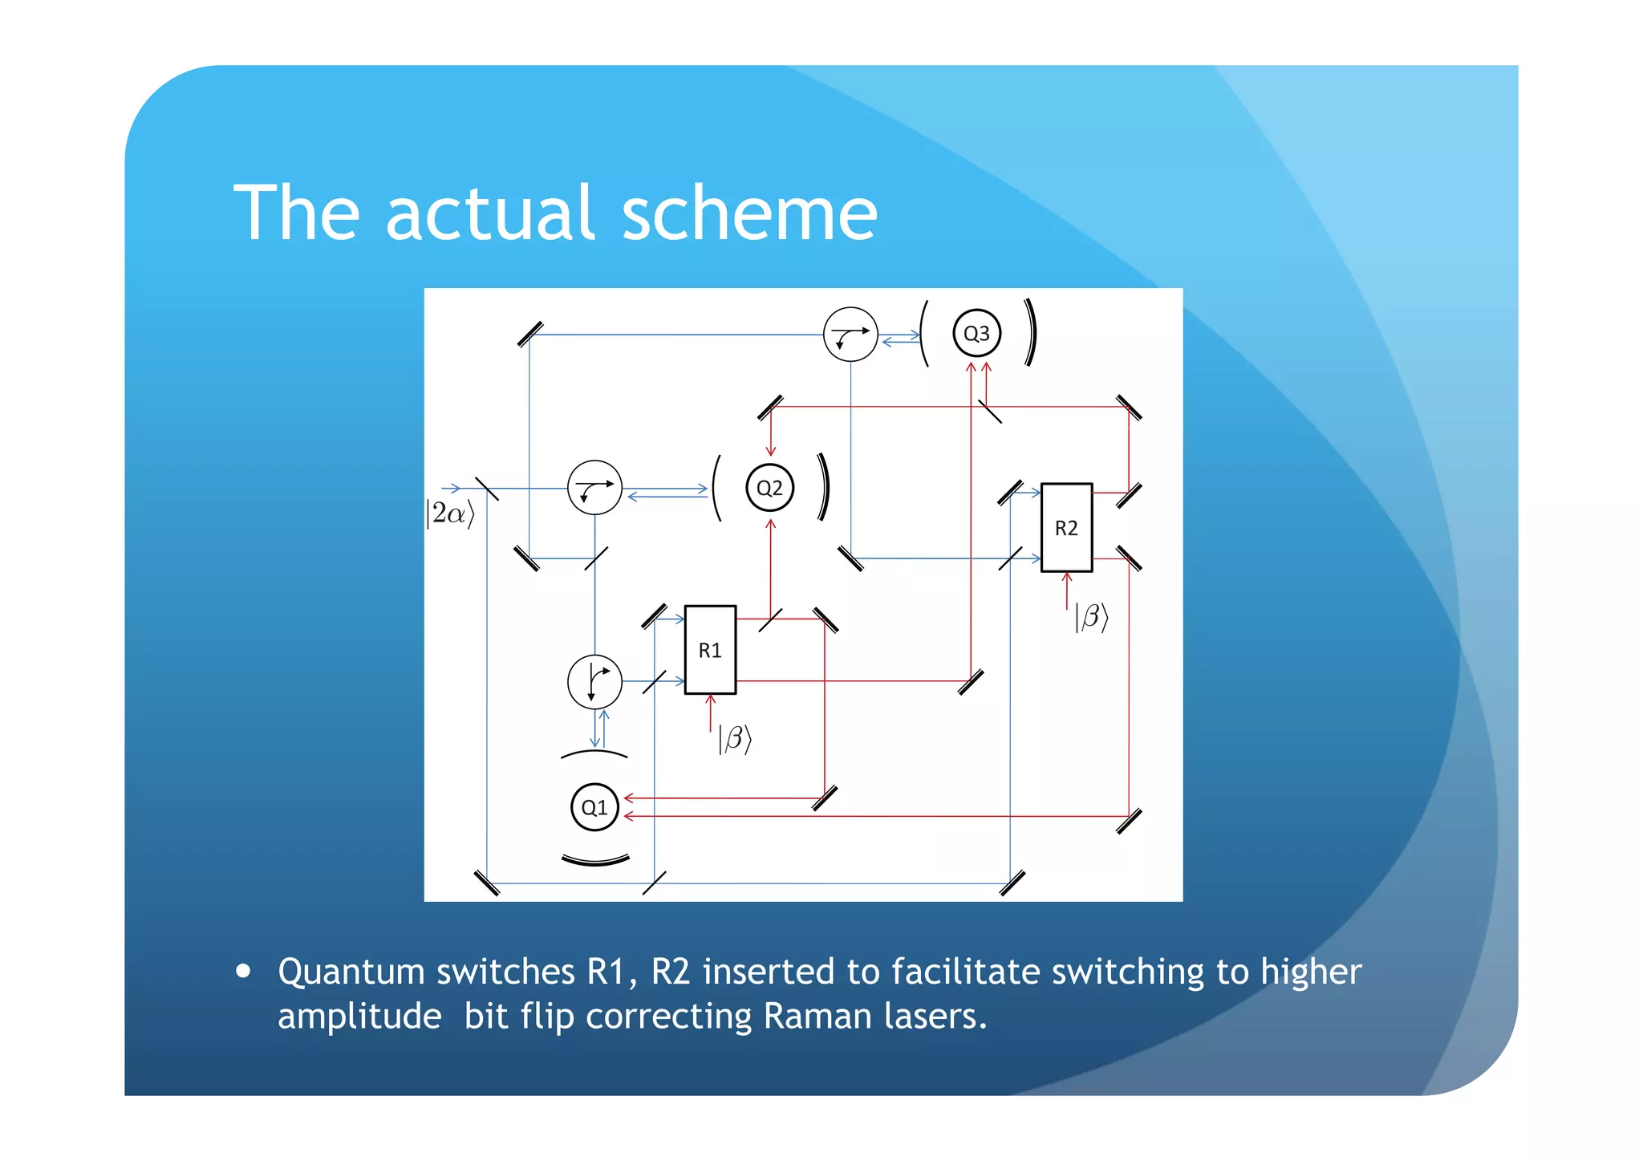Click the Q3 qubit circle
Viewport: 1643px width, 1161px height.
click(x=976, y=333)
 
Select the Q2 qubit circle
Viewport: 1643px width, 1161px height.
click(x=769, y=488)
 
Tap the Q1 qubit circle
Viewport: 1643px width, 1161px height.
click(x=594, y=807)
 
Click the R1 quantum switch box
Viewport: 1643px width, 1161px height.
click(x=710, y=649)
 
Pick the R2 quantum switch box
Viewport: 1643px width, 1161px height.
click(x=1066, y=527)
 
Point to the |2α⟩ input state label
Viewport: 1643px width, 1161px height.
click(x=450, y=514)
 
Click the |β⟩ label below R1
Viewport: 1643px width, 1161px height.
click(x=734, y=739)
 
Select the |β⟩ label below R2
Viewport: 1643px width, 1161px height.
click(x=1091, y=617)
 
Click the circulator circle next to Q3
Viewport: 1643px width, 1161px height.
click(x=850, y=334)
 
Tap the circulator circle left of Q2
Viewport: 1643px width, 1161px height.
click(x=594, y=487)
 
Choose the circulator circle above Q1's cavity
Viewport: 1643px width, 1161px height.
click(x=594, y=681)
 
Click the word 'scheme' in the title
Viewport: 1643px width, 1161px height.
click(x=749, y=213)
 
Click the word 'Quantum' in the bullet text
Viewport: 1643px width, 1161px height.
click(x=351, y=972)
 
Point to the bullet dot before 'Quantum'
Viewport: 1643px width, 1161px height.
click(x=244, y=972)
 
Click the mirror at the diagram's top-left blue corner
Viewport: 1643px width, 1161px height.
click(x=530, y=334)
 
